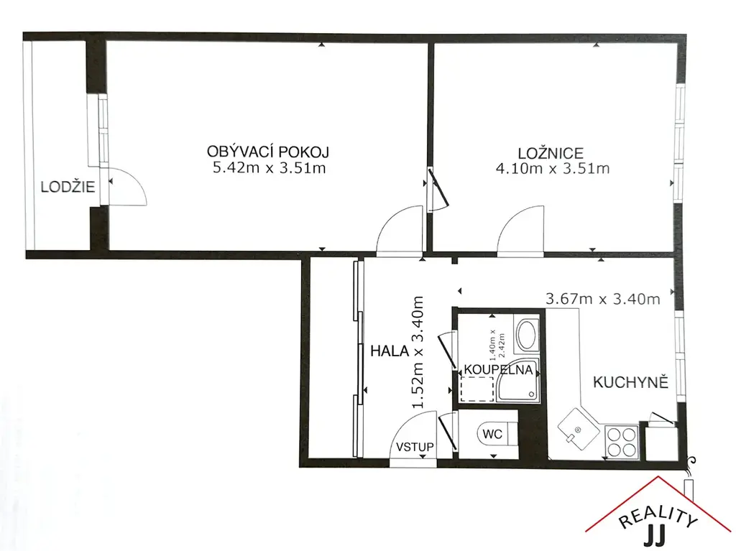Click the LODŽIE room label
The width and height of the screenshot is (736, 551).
[x=68, y=187]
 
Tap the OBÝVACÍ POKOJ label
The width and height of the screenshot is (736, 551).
[x=268, y=152]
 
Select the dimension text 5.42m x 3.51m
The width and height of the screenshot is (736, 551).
[x=269, y=168]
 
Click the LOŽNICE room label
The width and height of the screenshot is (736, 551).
[x=551, y=153]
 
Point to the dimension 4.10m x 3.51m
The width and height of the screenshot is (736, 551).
[x=553, y=169]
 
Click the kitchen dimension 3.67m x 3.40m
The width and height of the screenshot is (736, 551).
[x=603, y=299]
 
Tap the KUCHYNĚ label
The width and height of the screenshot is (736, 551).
[x=630, y=382]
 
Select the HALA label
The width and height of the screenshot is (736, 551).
[x=390, y=351]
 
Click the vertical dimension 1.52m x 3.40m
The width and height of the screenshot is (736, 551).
[x=418, y=352]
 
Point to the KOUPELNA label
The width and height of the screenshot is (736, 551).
[x=499, y=370]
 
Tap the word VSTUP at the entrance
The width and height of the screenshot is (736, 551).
[x=415, y=447]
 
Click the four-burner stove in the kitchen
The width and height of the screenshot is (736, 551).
[x=621, y=442]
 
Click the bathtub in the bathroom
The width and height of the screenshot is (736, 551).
[x=527, y=335]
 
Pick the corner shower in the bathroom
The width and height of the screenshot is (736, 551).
[x=518, y=382]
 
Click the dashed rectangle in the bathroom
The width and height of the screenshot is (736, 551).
[x=477, y=389]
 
